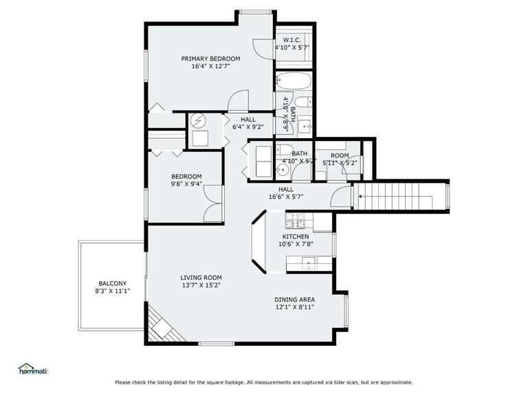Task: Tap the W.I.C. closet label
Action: coord(291,40)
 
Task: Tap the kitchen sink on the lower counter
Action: coord(309,262)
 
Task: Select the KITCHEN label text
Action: coord(296,236)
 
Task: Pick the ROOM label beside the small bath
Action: coord(340,155)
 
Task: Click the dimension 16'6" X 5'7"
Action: coord(285,197)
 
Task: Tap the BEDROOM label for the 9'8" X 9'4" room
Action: coord(186,176)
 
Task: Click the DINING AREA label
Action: coord(295,299)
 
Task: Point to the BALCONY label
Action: coord(112,283)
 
